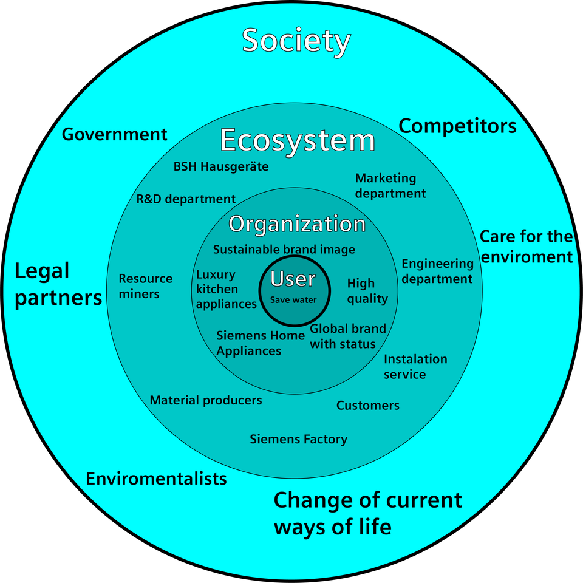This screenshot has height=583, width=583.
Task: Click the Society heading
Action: [296, 41]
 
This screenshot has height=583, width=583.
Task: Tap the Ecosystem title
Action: [298, 140]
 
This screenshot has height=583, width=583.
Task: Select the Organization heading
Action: [297, 224]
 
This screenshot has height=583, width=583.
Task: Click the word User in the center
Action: [293, 279]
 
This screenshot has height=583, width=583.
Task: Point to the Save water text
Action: [293, 299]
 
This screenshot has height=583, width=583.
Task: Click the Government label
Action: [114, 134]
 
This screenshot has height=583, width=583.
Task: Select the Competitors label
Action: [457, 126]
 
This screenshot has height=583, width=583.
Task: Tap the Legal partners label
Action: [58, 284]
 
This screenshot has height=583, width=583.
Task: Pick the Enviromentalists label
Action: [156, 479]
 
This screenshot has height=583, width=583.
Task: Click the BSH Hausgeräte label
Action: [221, 166]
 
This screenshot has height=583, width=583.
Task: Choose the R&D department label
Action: [186, 199]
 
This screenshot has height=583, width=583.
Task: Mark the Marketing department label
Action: [390, 186]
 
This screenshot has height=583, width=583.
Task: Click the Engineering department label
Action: [437, 271]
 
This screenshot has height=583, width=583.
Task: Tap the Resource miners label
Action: [145, 286]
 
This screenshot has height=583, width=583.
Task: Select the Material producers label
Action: [206, 400]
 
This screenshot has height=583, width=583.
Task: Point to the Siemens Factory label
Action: [299, 439]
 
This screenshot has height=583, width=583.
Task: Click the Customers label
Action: [368, 406]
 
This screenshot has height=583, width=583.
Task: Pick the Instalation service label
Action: [415, 367]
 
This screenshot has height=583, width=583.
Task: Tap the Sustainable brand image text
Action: [284, 250]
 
